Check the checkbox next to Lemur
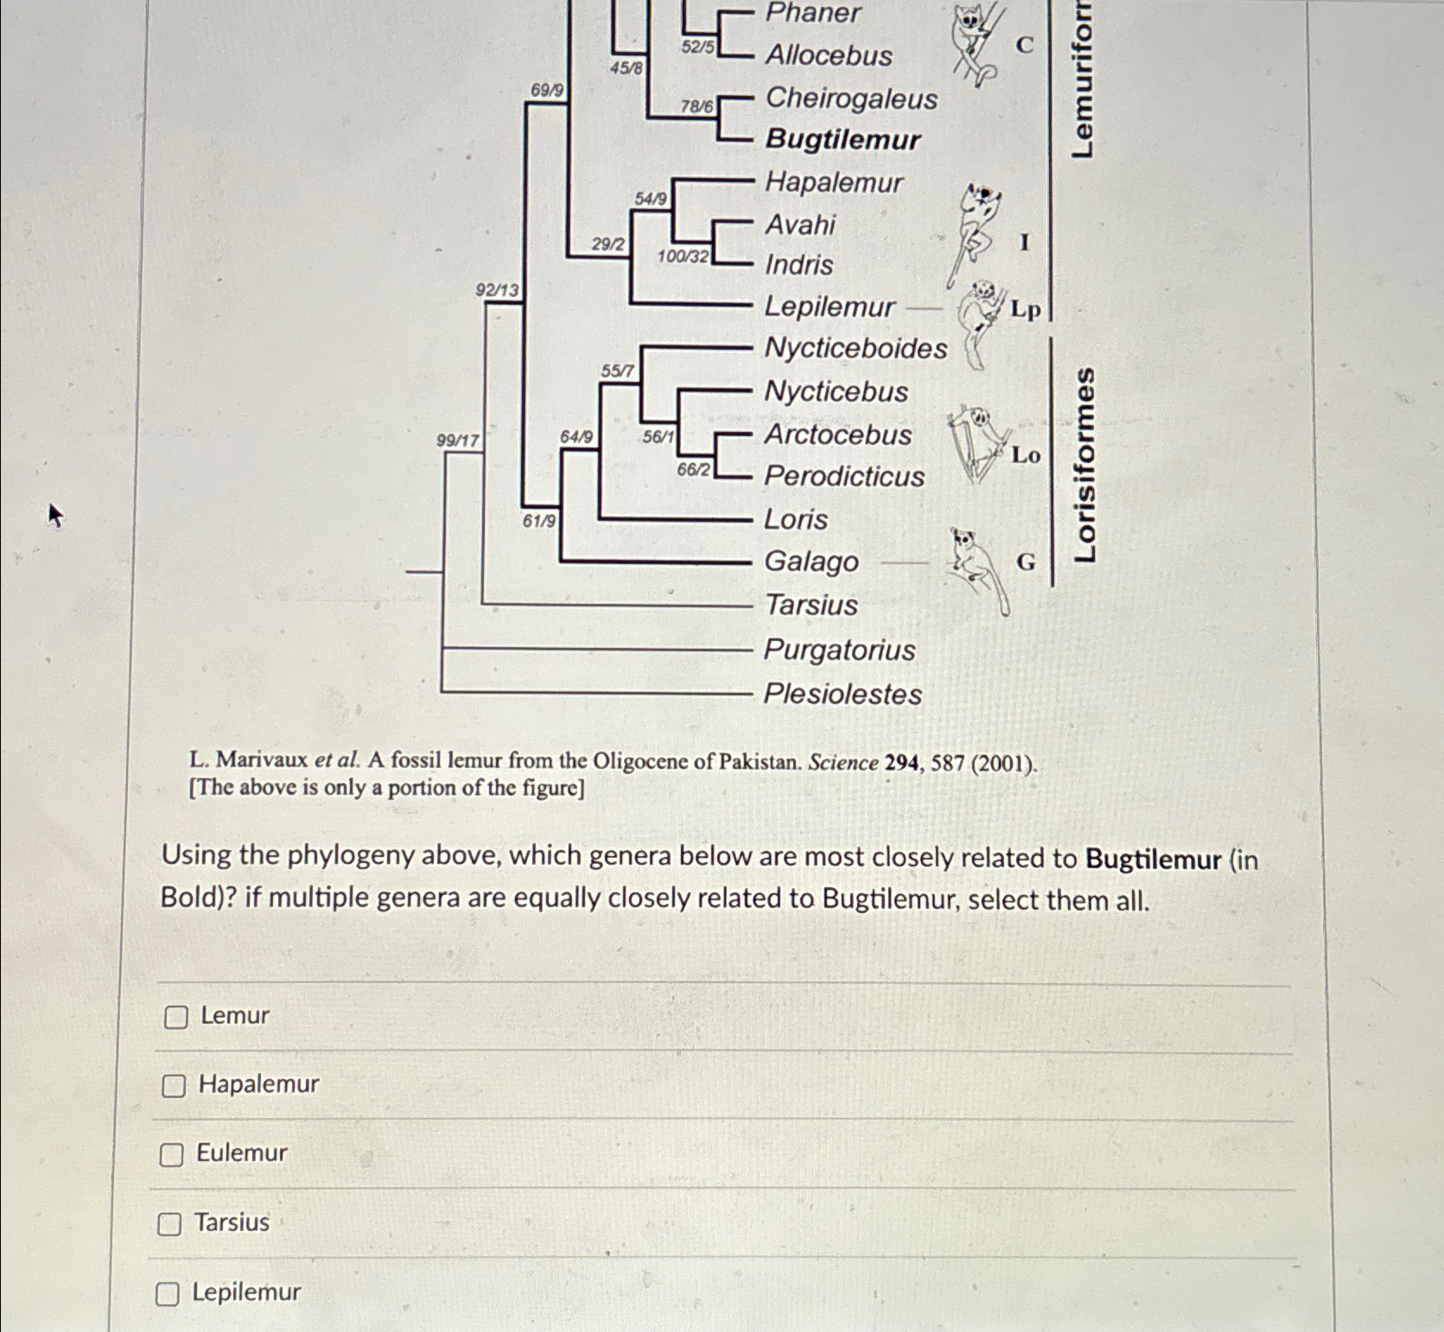(175, 1018)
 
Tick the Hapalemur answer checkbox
(174, 1086)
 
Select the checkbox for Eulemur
(171, 1155)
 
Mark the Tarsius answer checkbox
(169, 1224)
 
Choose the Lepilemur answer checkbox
(167, 1294)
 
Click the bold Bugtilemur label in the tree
(843, 139)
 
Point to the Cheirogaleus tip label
(851, 98)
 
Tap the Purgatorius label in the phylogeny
(839, 650)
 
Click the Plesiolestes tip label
(843, 694)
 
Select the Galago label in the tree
(811, 562)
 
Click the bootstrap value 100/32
(683, 257)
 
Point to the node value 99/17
(457, 441)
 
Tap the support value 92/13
(497, 290)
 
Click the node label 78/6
(697, 107)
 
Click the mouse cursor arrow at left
(54, 515)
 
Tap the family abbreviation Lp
(1026, 309)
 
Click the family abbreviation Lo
(1026, 455)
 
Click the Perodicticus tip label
(844, 476)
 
